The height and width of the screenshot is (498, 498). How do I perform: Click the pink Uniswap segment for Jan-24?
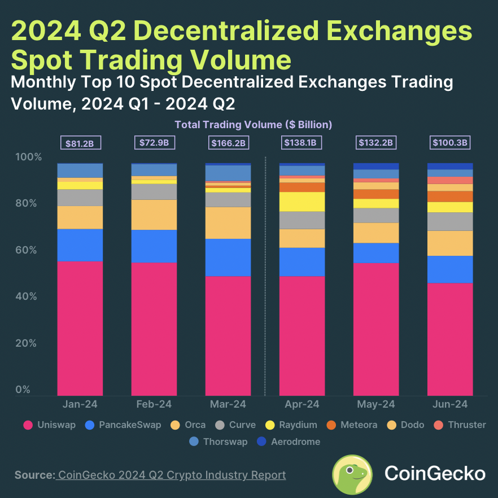80,328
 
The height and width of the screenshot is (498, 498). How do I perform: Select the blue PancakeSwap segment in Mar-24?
228,257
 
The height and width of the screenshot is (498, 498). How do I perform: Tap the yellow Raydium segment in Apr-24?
302,202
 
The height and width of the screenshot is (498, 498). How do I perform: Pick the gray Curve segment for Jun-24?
450,221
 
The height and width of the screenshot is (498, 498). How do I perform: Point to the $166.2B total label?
228,143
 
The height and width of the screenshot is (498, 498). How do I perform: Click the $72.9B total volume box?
154,143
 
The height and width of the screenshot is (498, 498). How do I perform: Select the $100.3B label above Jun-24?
450,143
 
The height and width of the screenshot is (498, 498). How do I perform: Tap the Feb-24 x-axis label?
154,404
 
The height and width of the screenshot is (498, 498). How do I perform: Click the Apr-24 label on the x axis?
302,404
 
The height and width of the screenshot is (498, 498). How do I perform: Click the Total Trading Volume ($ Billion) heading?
253,124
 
